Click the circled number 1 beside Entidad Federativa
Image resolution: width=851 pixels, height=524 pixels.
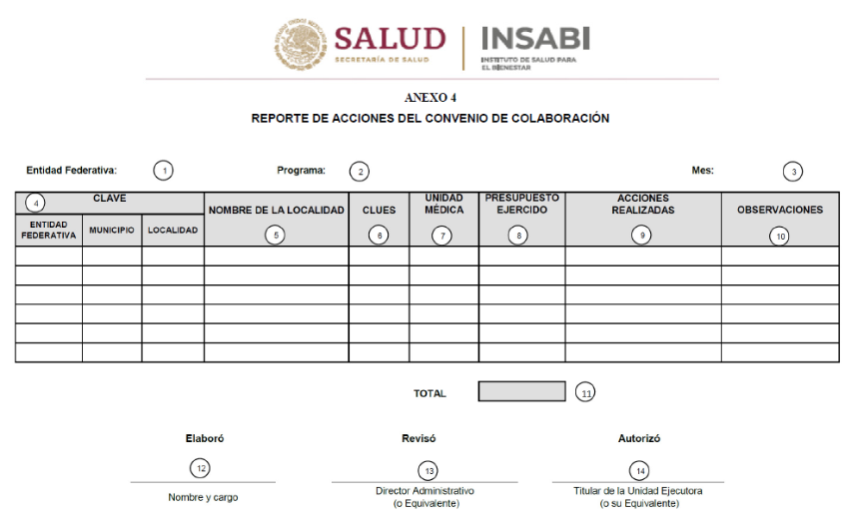click(164, 170)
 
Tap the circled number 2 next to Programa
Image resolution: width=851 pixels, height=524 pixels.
click(358, 171)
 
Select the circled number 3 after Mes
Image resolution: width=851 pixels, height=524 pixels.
click(792, 171)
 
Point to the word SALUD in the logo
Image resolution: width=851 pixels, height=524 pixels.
click(390, 40)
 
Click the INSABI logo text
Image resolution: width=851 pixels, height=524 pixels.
click(535, 39)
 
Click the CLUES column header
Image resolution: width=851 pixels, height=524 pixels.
click(379, 211)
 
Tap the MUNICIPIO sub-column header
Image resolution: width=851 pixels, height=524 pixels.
click(112, 230)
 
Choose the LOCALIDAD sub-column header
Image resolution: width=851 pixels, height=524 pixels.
click(173, 230)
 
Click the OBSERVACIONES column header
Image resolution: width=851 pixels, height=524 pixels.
click(780, 210)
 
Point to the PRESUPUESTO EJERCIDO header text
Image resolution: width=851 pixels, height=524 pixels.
click(521, 204)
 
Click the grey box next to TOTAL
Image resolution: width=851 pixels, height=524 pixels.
click(521, 392)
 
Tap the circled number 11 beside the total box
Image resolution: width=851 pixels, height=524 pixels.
click(586, 393)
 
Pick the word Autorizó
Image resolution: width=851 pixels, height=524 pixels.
click(639, 438)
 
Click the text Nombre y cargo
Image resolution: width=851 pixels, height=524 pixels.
click(203, 497)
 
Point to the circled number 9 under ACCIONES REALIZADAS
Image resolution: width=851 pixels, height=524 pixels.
click(642, 236)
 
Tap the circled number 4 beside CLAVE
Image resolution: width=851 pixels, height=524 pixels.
click(36, 203)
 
